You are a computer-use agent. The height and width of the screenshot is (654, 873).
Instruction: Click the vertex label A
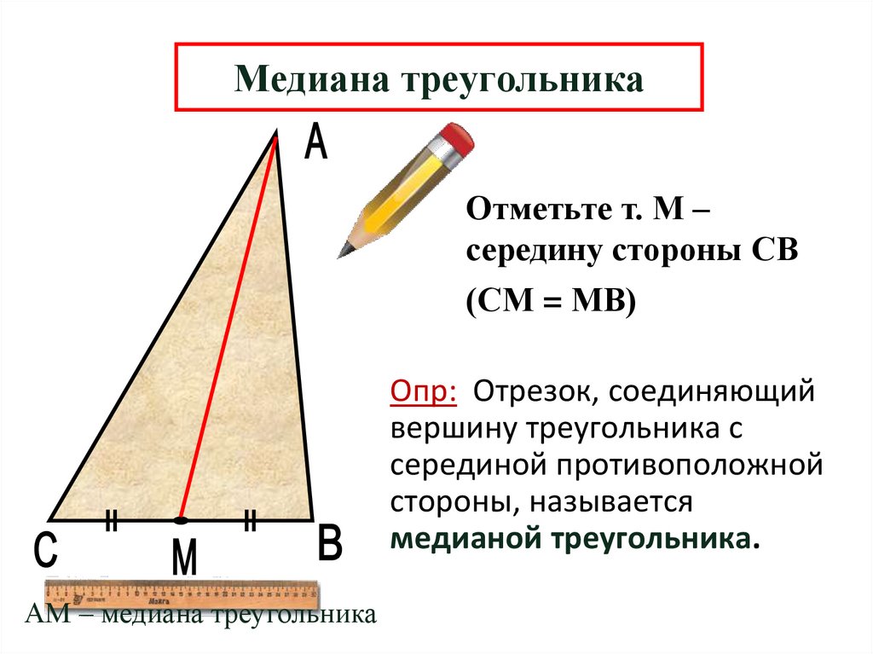click(x=315, y=142)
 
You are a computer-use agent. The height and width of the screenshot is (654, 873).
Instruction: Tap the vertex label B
click(x=329, y=543)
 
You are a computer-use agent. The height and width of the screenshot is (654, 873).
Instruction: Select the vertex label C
click(x=44, y=551)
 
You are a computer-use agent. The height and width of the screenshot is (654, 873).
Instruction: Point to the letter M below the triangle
click(x=184, y=559)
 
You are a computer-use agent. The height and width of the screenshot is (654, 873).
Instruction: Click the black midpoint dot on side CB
click(x=180, y=519)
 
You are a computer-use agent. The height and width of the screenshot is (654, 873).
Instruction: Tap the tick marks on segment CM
click(x=110, y=520)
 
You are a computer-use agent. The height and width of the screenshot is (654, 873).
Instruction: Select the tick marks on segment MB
click(x=250, y=520)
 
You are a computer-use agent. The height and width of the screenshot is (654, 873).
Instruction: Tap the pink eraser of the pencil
click(x=458, y=140)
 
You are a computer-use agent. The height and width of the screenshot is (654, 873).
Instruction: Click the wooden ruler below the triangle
click(x=181, y=594)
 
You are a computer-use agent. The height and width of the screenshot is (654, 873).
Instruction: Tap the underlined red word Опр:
click(x=422, y=394)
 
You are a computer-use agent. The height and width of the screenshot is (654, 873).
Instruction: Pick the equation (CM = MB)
click(x=551, y=302)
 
